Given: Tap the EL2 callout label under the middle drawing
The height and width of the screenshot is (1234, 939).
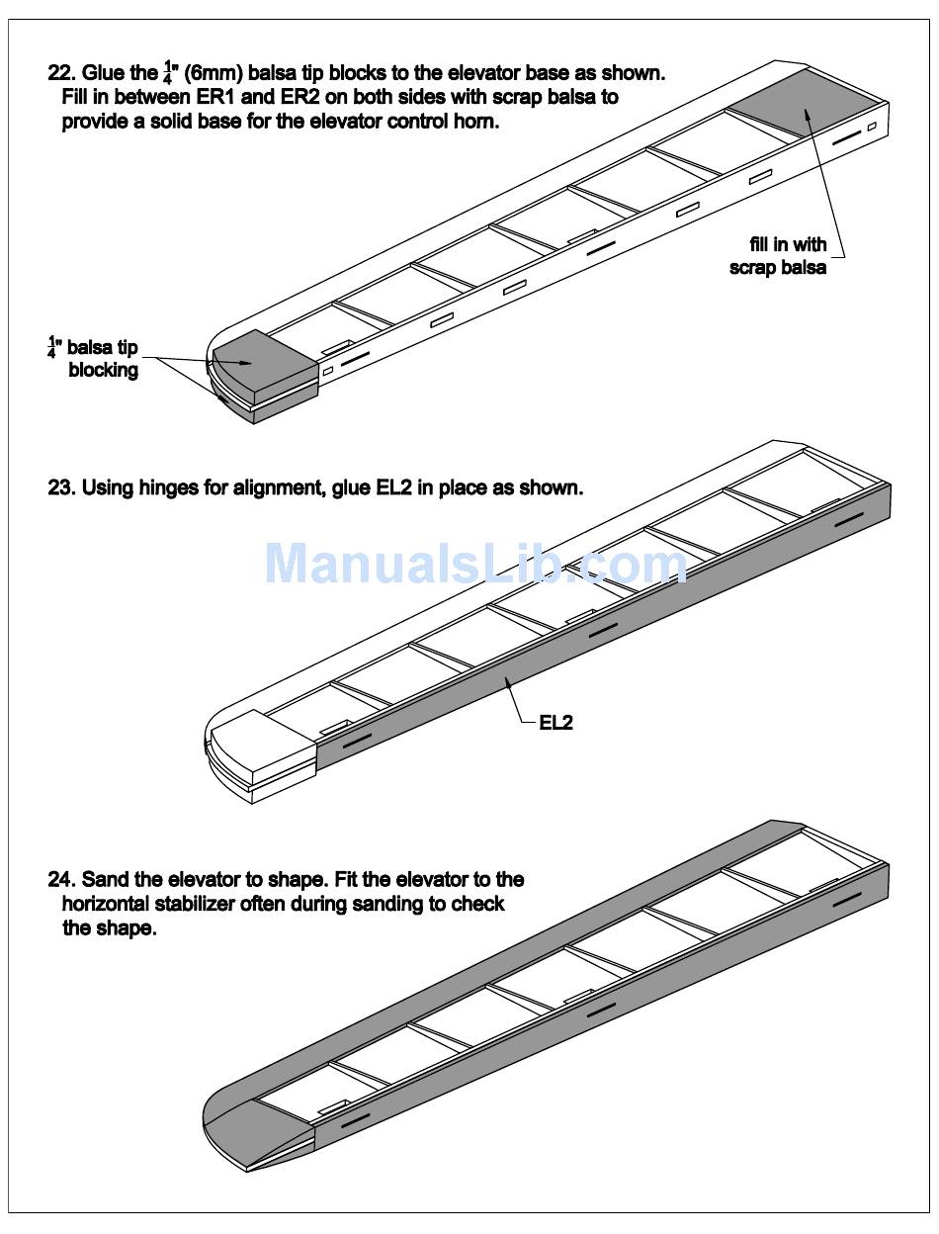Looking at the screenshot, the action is [555, 723].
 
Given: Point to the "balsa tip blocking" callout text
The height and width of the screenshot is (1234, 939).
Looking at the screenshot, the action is [98, 360].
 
